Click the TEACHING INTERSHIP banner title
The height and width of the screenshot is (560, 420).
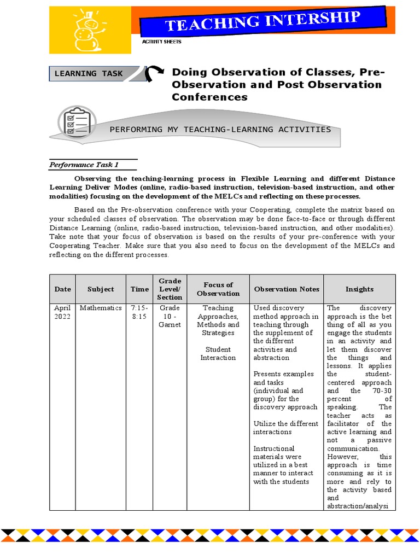(x=263, y=24)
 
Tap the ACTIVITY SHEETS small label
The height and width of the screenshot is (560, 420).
(x=162, y=42)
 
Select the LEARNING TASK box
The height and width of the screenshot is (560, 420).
(x=97, y=74)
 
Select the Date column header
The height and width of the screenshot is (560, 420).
(x=62, y=289)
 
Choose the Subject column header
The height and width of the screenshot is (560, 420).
(x=101, y=289)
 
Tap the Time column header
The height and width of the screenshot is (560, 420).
(x=139, y=289)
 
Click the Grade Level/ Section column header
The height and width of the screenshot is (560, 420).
(x=170, y=289)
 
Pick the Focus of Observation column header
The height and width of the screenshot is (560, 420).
(x=218, y=289)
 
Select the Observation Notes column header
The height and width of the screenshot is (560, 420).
(x=287, y=289)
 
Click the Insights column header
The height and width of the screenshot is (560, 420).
(x=359, y=289)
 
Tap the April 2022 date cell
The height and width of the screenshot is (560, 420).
(x=62, y=312)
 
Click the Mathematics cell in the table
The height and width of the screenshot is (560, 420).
(x=101, y=308)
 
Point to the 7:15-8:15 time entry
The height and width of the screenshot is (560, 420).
(x=139, y=312)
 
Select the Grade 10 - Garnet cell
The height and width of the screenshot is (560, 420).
(x=170, y=316)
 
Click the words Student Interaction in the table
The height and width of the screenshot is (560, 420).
(x=218, y=353)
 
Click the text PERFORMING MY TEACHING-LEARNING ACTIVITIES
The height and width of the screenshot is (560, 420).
(x=220, y=130)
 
